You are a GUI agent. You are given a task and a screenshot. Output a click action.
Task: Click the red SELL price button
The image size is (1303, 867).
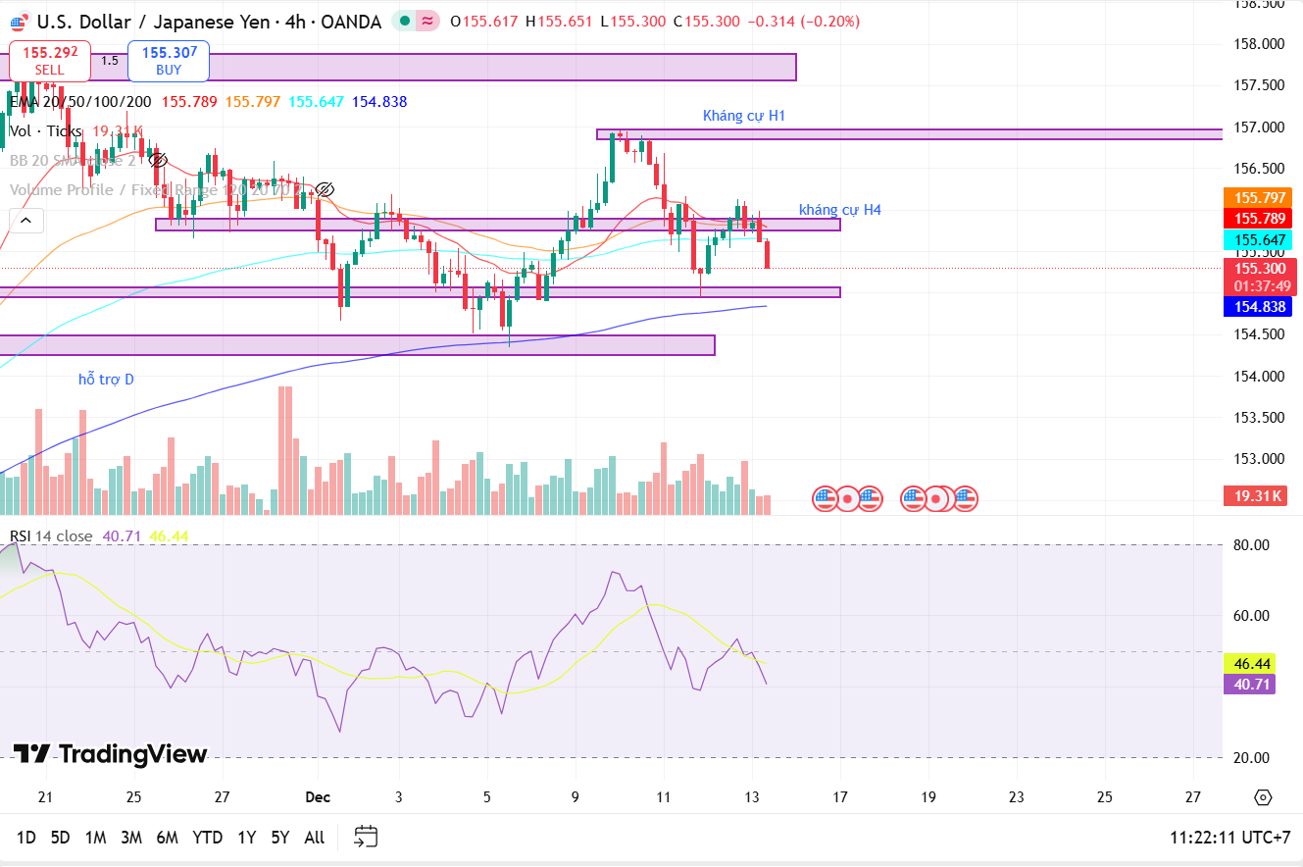point(50,61)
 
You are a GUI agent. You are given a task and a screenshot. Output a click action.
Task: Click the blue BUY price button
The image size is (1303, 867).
point(169,61)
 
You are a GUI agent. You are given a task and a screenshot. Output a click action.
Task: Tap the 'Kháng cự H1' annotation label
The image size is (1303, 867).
point(744,116)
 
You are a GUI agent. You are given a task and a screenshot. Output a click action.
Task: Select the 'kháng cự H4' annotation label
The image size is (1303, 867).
point(839,210)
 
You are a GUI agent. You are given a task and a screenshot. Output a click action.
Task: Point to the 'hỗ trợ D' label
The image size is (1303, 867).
point(106,379)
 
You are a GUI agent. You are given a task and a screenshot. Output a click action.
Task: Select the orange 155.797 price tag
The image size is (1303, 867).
point(1259,198)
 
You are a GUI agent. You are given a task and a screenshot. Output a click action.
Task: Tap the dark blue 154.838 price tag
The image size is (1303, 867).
point(1258,307)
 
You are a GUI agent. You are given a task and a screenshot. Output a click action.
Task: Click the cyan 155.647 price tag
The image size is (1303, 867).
point(1259,240)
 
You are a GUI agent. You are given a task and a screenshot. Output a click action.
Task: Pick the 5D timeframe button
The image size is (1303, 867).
point(61,838)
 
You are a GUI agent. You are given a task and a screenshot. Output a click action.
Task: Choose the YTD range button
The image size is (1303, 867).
point(207,838)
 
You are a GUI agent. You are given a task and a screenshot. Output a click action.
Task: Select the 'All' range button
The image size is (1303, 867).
point(314,838)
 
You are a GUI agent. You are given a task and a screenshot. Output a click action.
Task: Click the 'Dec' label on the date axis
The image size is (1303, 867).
point(318,797)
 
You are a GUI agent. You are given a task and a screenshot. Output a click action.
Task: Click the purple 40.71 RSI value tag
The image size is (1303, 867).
point(1249,685)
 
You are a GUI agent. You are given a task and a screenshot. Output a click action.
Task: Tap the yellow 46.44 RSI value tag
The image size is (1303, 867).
point(1249,664)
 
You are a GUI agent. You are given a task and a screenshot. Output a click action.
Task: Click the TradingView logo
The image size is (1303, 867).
point(110,754)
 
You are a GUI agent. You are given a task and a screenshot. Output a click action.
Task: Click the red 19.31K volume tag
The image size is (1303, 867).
point(1254,496)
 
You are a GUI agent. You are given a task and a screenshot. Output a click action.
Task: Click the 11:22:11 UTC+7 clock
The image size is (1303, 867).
point(1229,838)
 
